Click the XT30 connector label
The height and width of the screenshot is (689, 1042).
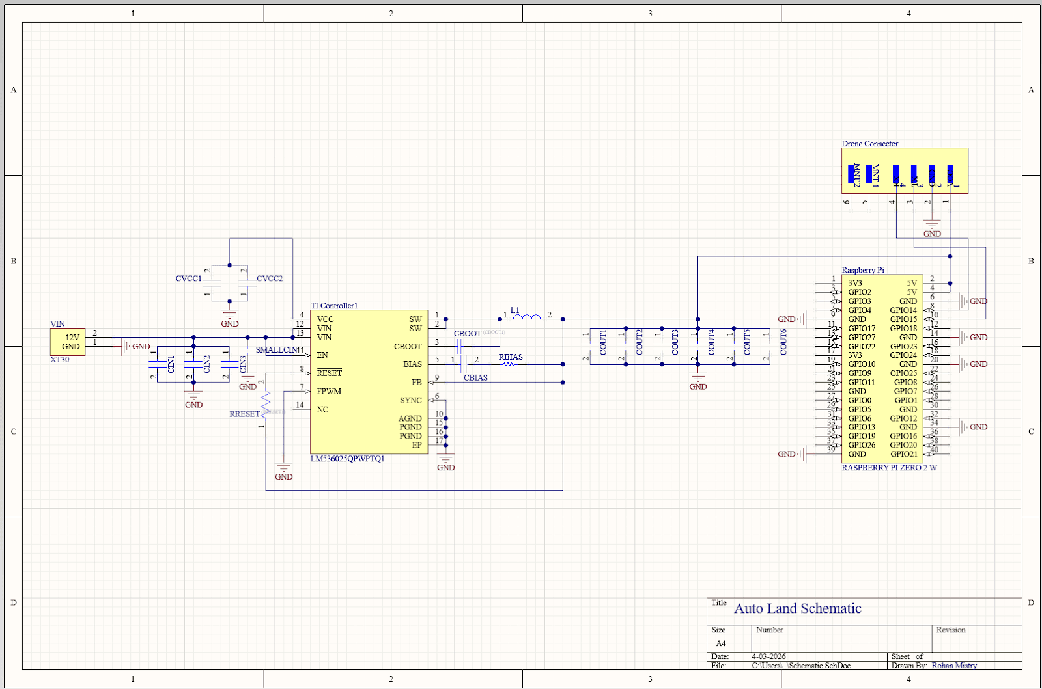coord(59,360)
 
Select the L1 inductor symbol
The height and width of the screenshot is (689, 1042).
coord(526,317)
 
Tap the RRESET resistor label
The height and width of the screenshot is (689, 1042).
coord(244,414)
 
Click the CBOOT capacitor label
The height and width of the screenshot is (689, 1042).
coord(467,334)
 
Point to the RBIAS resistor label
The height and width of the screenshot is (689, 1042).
coord(511,357)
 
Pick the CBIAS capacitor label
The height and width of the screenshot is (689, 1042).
coord(475,378)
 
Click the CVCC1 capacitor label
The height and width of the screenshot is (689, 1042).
coord(188,278)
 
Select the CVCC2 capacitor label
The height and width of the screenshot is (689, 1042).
coord(270,278)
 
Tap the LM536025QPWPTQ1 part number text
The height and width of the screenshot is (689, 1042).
coord(347,459)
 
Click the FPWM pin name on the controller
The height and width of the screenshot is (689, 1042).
coord(329,392)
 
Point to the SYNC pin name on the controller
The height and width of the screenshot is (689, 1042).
coord(411,401)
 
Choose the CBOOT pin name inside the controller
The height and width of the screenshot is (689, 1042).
coord(408,347)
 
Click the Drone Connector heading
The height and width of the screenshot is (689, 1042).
coord(869,144)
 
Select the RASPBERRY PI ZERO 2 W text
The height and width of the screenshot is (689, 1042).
coord(889,468)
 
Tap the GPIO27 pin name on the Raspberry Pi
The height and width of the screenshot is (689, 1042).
coord(862,338)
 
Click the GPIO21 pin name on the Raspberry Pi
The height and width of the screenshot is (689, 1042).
coord(904,454)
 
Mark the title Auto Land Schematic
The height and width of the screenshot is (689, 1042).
coord(798,608)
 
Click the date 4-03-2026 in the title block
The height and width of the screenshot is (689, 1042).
coord(768,656)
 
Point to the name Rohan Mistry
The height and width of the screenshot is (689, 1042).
coord(954,666)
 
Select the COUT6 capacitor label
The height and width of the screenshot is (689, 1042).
coord(783,342)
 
